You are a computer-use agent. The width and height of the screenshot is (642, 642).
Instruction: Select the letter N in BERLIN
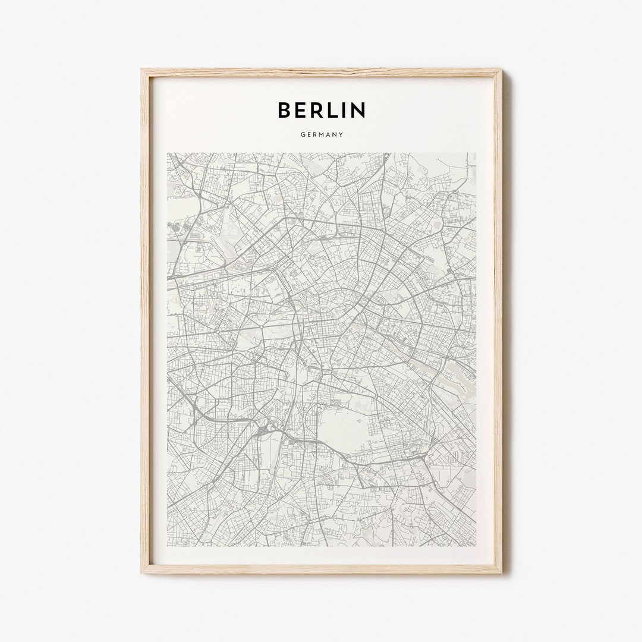358,109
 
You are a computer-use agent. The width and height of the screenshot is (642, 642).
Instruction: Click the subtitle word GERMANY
322,134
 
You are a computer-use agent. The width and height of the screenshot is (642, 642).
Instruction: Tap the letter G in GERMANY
303,134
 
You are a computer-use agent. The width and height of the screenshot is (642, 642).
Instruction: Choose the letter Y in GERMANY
341,134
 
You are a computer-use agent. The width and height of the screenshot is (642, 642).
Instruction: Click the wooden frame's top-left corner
141,70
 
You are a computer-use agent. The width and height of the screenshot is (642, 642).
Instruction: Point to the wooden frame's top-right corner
502,70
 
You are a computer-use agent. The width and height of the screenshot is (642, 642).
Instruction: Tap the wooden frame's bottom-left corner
141,572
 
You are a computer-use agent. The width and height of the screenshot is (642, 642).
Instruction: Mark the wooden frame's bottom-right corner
502,572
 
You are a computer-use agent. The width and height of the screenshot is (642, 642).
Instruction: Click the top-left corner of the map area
168,153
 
